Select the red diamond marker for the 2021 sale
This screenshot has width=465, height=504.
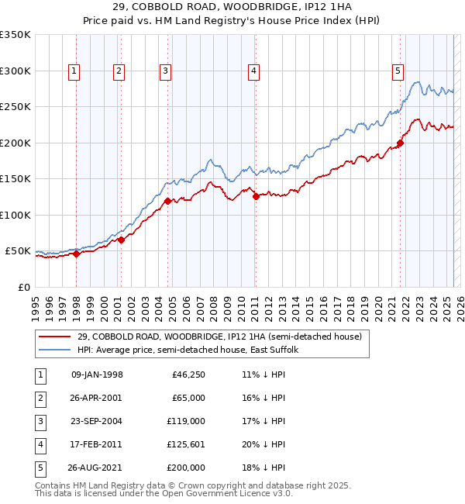(x=401, y=143)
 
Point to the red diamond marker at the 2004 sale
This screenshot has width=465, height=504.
(x=167, y=202)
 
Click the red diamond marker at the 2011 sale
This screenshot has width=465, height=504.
(x=256, y=197)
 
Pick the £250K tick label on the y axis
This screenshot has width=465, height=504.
(x=15, y=107)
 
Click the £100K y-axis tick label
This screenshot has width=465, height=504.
(x=15, y=215)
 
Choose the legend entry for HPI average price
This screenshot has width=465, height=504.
(x=188, y=350)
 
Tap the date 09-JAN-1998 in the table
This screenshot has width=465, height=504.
(x=97, y=375)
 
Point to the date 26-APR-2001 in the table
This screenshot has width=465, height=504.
(x=97, y=398)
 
